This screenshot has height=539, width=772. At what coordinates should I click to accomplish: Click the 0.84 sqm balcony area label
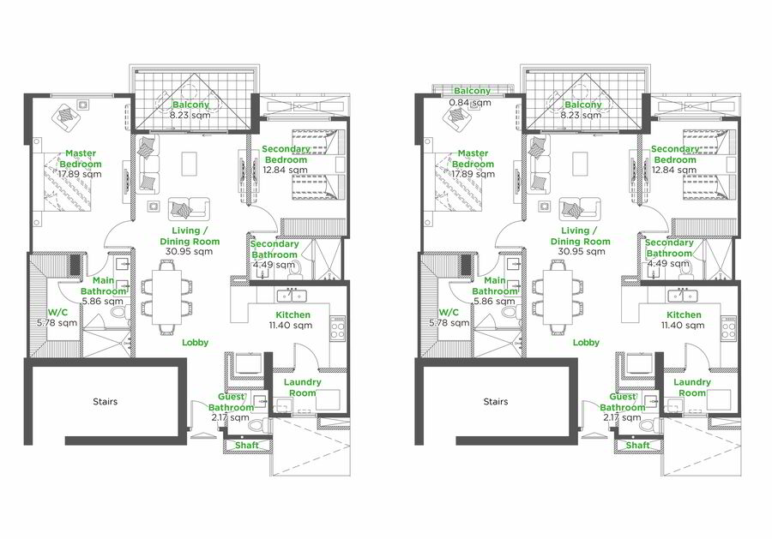pyautogui.click(x=471, y=103)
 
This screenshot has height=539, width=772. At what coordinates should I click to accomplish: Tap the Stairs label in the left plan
pyautogui.click(x=106, y=401)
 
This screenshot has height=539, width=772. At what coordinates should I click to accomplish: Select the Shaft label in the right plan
pyautogui.click(x=637, y=445)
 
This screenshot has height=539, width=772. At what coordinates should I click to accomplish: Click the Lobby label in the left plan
pyautogui.click(x=196, y=342)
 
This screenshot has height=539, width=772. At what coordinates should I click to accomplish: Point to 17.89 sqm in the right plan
pyautogui.click(x=473, y=174)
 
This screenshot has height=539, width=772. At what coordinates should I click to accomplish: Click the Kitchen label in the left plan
pyautogui.click(x=293, y=314)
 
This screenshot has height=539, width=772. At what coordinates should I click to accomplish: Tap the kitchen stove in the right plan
pyautogui.click(x=728, y=327)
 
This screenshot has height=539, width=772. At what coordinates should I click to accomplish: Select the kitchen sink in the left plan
pyautogui.click(x=292, y=296)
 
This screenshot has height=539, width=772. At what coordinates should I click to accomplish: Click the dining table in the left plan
pyautogui.click(x=166, y=297)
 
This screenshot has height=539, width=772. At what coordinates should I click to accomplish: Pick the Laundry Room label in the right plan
pyautogui.click(x=692, y=387)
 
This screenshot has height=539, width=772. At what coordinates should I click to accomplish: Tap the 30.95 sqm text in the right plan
pyautogui.click(x=582, y=251)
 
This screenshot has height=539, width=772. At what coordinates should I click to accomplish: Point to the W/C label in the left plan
pyautogui.click(x=57, y=312)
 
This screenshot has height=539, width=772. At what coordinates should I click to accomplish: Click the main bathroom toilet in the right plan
pyautogui.click(x=514, y=312)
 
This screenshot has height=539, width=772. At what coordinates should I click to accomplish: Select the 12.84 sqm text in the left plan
pyautogui.click(x=285, y=171)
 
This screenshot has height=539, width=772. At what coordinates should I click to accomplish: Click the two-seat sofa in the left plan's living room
pyautogui.click(x=189, y=209)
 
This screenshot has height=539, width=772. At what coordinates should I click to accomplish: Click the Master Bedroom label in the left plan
pyautogui.click(x=81, y=159)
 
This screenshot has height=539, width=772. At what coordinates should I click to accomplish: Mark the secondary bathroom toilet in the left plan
pyautogui.click(x=294, y=268)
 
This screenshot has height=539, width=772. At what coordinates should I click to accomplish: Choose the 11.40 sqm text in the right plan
pyautogui.click(x=683, y=325)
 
